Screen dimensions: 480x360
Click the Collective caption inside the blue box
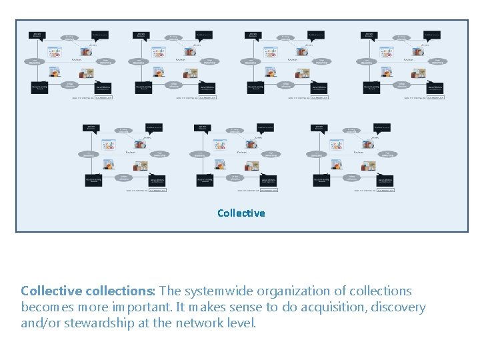241,213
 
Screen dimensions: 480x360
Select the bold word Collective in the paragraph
51,291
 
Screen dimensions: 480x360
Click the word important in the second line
138,307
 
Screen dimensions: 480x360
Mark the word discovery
399,307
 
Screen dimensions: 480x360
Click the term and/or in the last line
41,323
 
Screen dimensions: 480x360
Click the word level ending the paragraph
242,323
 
